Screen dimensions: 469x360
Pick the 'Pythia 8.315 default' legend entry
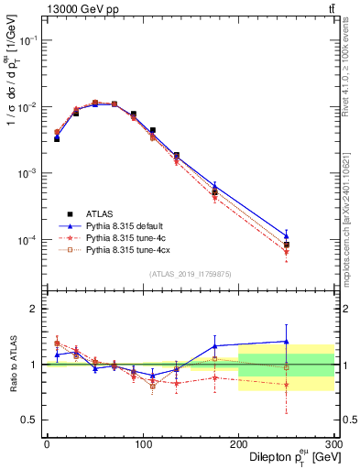(x=127, y=224)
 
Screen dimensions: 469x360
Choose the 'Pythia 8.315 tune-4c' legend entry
(x=127, y=236)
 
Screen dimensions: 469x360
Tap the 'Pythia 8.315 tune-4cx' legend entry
(x=129, y=249)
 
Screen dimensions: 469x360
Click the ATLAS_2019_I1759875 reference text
(x=191, y=273)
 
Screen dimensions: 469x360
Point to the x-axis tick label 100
(x=142, y=444)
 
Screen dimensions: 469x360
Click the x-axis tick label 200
(x=238, y=444)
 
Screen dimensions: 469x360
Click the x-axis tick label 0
(x=47, y=444)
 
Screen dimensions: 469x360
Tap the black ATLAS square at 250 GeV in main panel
(x=286, y=245)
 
